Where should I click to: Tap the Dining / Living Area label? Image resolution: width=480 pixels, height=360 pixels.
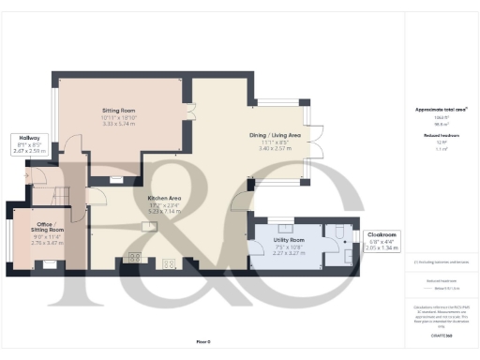click(281, 137)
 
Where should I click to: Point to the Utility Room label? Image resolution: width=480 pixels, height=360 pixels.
click(281, 241)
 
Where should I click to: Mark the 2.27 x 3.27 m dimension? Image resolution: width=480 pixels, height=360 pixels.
click(281, 253)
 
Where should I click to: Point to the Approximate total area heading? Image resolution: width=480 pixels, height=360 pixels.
click(442, 110)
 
